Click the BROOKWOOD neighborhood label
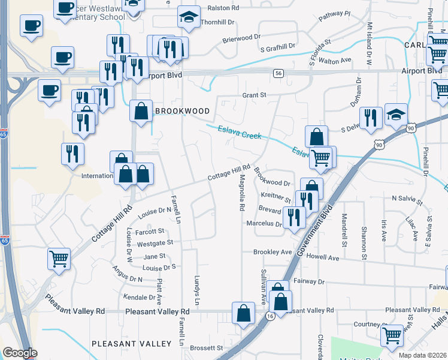click(x=183, y=111)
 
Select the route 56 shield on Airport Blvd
click(x=278, y=73)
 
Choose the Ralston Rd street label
click(x=223, y=8)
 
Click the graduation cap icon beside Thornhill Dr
click(x=189, y=17)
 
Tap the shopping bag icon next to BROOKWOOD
click(x=141, y=111)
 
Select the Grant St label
click(x=254, y=95)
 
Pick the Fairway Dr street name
click(x=308, y=281)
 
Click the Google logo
click(x=20, y=353)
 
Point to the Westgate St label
click(x=155, y=243)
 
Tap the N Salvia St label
click(x=407, y=197)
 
